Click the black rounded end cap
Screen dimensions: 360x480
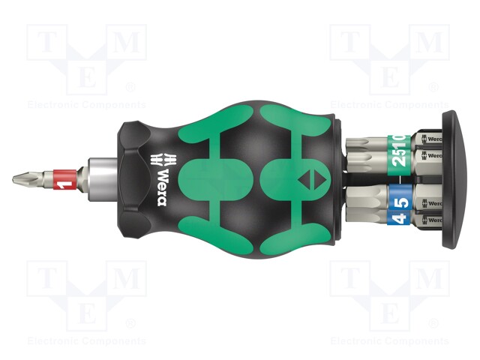point(453,180)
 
